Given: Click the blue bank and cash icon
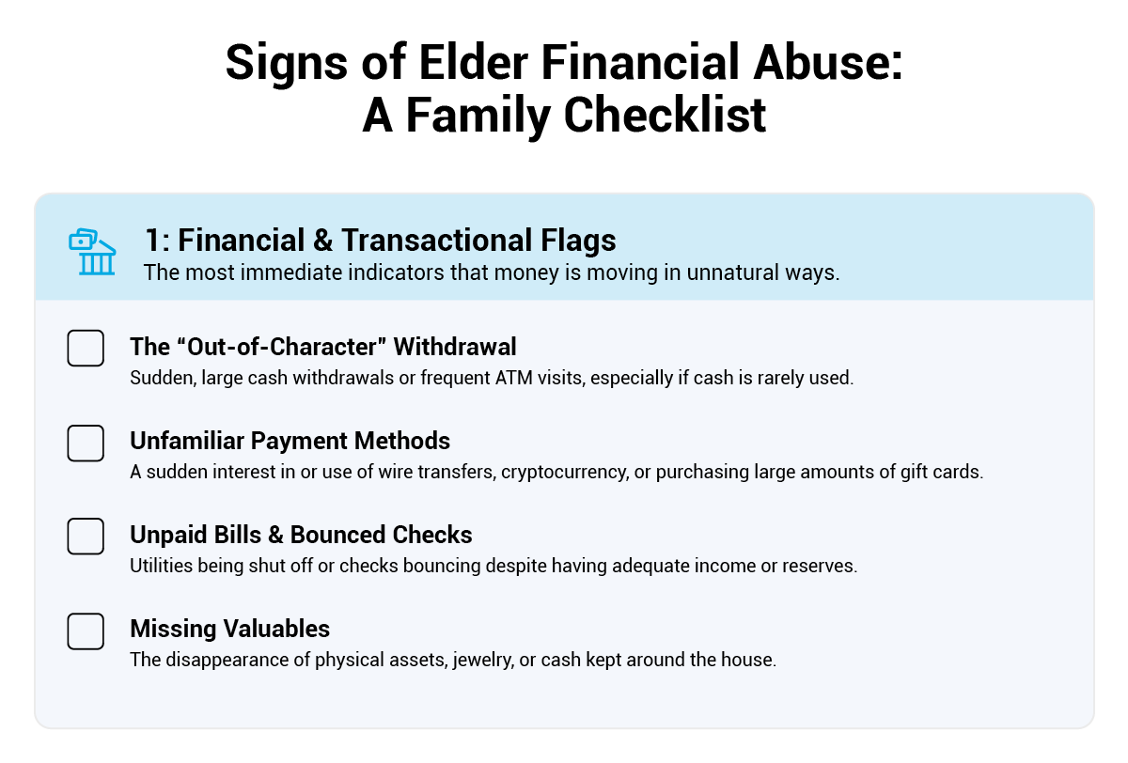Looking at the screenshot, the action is pyautogui.click(x=92, y=252).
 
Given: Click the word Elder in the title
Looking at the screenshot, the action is pyautogui.click(x=474, y=62).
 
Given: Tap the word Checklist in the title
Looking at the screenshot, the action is pyautogui.click(x=665, y=116).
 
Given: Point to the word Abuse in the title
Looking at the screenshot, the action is pyautogui.click(x=827, y=62).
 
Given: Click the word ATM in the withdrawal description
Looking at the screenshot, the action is pyautogui.click(x=513, y=378).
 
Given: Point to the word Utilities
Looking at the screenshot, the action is pyautogui.click(x=161, y=566).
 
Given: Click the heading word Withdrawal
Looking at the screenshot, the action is pyautogui.click(x=455, y=347).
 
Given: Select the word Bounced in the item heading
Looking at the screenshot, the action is pyautogui.click(x=338, y=535).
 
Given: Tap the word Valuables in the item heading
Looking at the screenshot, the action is pyautogui.click(x=276, y=629).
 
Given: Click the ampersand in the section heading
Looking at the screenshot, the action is pyautogui.click(x=322, y=240).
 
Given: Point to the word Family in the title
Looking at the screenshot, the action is pyautogui.click(x=478, y=117).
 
